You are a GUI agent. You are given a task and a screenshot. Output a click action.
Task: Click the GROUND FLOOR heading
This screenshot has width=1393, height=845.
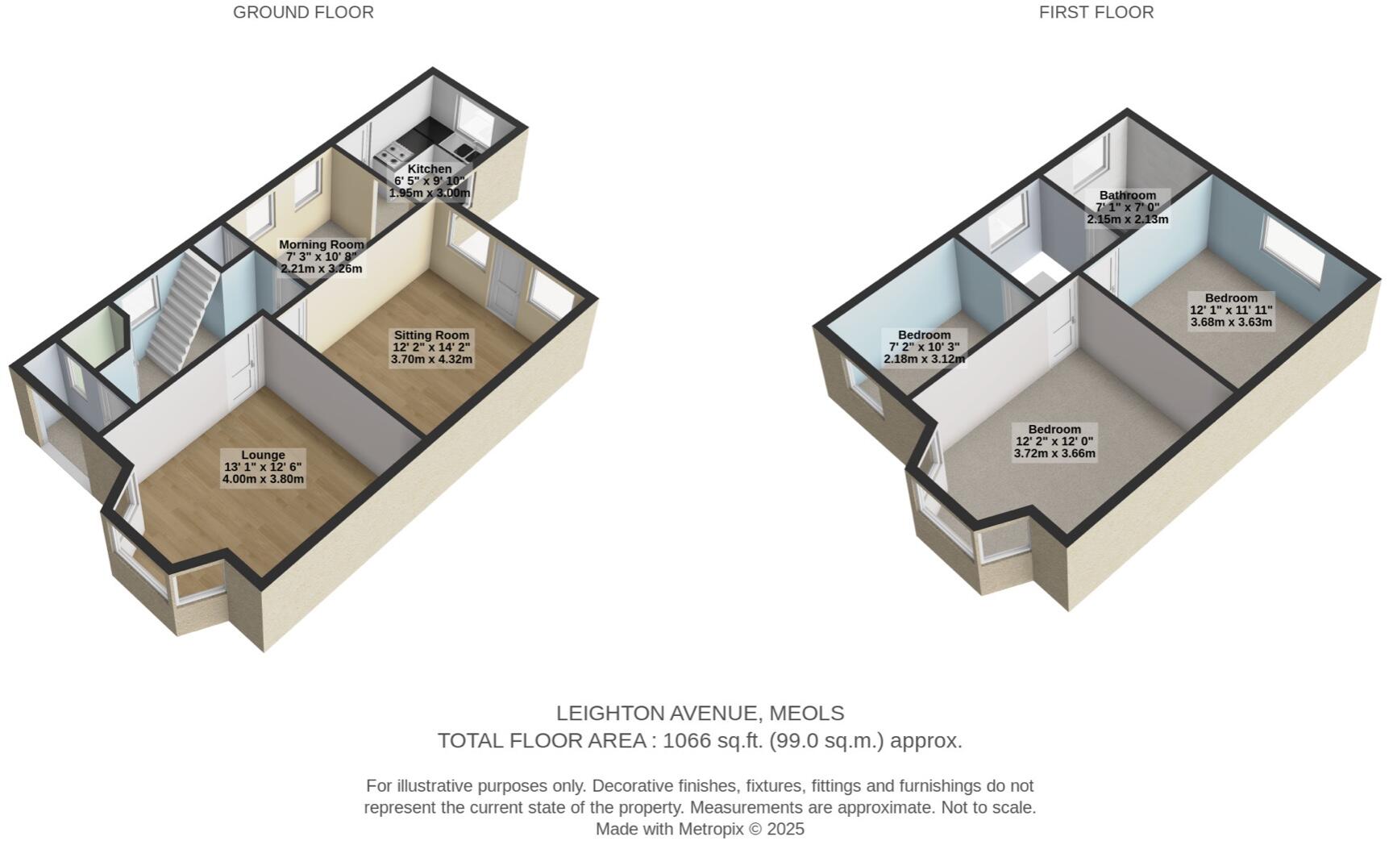click(x=303, y=13)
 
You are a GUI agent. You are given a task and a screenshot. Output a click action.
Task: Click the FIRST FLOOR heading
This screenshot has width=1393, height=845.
click(x=1096, y=13)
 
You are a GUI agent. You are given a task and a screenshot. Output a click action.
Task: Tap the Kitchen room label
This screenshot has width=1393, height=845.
click(x=430, y=169)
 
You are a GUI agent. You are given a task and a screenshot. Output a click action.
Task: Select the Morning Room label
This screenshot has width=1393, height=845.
click(x=322, y=244)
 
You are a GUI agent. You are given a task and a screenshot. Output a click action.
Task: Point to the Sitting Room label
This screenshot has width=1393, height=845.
click(x=431, y=335)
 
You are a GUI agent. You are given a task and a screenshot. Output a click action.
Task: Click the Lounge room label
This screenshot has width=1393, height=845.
click(x=263, y=456)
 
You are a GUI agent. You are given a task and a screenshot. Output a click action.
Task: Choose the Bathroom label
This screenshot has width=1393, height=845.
click(x=1127, y=195)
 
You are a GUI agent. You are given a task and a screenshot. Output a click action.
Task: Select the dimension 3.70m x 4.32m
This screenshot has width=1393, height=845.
click(x=431, y=359)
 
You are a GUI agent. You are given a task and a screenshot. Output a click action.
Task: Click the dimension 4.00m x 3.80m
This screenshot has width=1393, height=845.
click(x=263, y=479)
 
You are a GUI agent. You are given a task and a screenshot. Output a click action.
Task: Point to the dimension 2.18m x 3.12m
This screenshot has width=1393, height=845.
click(x=924, y=359)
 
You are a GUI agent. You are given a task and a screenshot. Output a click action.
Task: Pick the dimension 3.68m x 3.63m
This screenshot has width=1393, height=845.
click(x=1231, y=322)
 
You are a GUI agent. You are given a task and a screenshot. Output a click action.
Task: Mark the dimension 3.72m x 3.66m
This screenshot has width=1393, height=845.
click(x=1054, y=453)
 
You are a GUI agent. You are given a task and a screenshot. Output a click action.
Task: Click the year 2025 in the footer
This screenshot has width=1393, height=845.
click(x=785, y=829)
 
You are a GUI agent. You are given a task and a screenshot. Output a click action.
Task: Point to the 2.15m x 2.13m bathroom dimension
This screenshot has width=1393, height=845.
click(x=1127, y=219)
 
